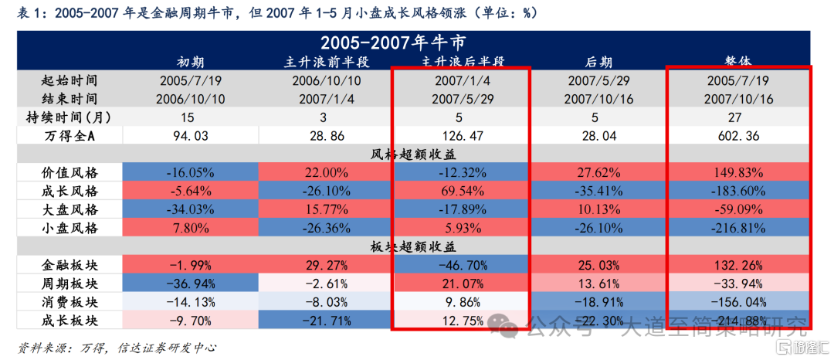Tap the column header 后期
(x=593, y=61)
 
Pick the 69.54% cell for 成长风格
(x=462, y=191)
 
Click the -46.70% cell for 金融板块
(x=462, y=266)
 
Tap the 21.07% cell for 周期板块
(x=462, y=284)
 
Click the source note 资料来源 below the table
(x=116, y=347)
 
